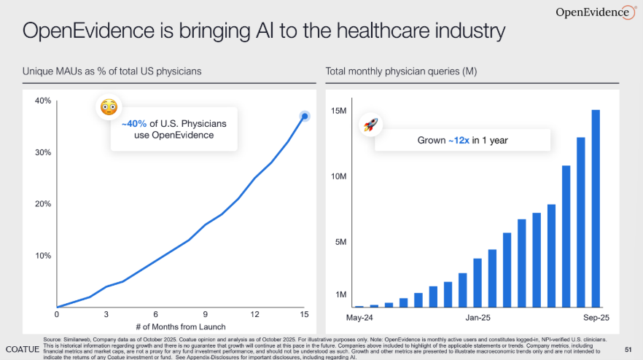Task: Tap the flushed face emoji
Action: (x=109, y=108)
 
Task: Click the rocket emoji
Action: (x=371, y=125)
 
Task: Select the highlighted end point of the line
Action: (x=305, y=116)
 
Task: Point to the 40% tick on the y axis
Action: (x=43, y=101)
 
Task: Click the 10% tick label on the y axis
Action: (x=43, y=256)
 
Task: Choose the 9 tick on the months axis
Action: (x=206, y=314)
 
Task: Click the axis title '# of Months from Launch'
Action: (x=180, y=326)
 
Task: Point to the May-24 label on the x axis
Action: (x=359, y=318)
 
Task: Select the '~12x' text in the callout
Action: (x=459, y=139)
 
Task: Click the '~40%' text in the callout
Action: (x=134, y=124)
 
